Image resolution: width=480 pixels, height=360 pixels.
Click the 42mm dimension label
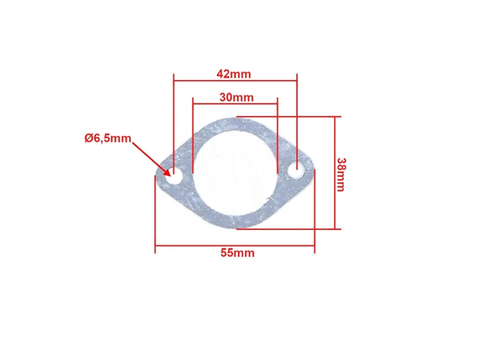click(x=234, y=74)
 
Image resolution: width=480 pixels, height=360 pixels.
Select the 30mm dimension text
click(x=237, y=97)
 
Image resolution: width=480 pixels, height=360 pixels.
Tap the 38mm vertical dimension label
click(x=340, y=174)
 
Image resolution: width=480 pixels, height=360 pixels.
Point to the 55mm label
click(x=237, y=253)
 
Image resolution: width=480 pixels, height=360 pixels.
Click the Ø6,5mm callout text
click(x=108, y=138)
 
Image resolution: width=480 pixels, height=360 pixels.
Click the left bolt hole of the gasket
click(x=175, y=176)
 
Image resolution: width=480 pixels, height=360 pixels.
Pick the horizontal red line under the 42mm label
click(x=235, y=81)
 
